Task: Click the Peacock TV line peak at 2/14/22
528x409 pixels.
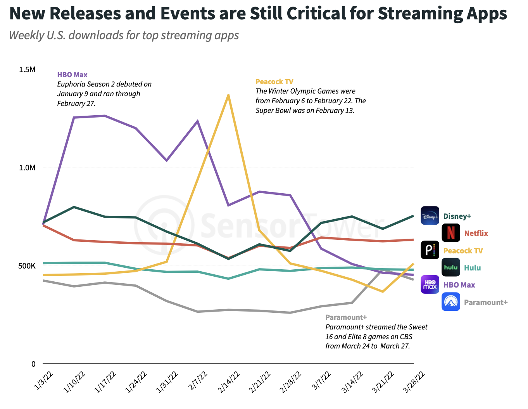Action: click(x=228, y=95)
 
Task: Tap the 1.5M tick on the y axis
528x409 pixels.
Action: click(x=27, y=70)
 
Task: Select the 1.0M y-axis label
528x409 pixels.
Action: click(x=27, y=168)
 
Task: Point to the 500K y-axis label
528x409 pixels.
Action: click(x=27, y=266)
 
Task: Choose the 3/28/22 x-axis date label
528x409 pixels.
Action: click(x=414, y=382)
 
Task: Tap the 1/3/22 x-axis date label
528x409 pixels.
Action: click(x=43, y=380)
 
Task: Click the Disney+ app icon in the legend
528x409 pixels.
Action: click(x=430, y=216)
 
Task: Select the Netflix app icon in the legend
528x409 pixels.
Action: click(x=451, y=233)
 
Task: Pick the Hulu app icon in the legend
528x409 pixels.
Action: click(x=451, y=267)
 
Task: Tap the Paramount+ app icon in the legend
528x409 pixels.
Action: click(x=451, y=302)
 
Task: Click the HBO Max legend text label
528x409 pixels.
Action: click(x=459, y=285)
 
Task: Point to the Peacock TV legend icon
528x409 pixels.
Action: click(x=430, y=250)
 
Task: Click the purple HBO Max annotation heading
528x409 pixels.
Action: click(x=72, y=75)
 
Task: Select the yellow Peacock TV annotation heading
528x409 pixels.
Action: click(x=274, y=82)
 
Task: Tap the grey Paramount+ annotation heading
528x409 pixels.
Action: click(x=346, y=317)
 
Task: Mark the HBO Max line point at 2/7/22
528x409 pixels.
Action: click(x=198, y=121)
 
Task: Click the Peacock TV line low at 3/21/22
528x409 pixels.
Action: click(x=383, y=291)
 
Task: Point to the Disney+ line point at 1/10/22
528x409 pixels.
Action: click(x=74, y=207)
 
